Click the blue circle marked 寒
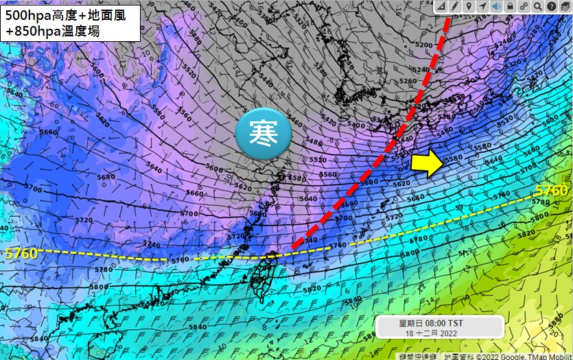point(264,134)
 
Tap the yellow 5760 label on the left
point(21,254)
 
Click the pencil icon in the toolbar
point(454,6)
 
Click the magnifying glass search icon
point(538,6)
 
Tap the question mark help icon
point(552,6)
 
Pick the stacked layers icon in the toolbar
point(565,6)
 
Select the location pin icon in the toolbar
point(468,6)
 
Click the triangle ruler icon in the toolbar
point(441,6)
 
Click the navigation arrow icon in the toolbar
point(482,6)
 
